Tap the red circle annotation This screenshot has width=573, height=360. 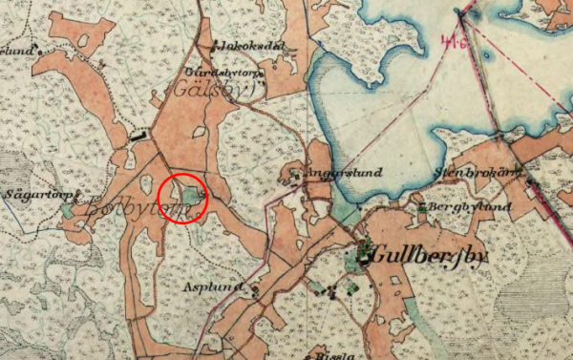(x=180, y=199)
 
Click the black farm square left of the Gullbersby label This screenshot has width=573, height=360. (x=364, y=252)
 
